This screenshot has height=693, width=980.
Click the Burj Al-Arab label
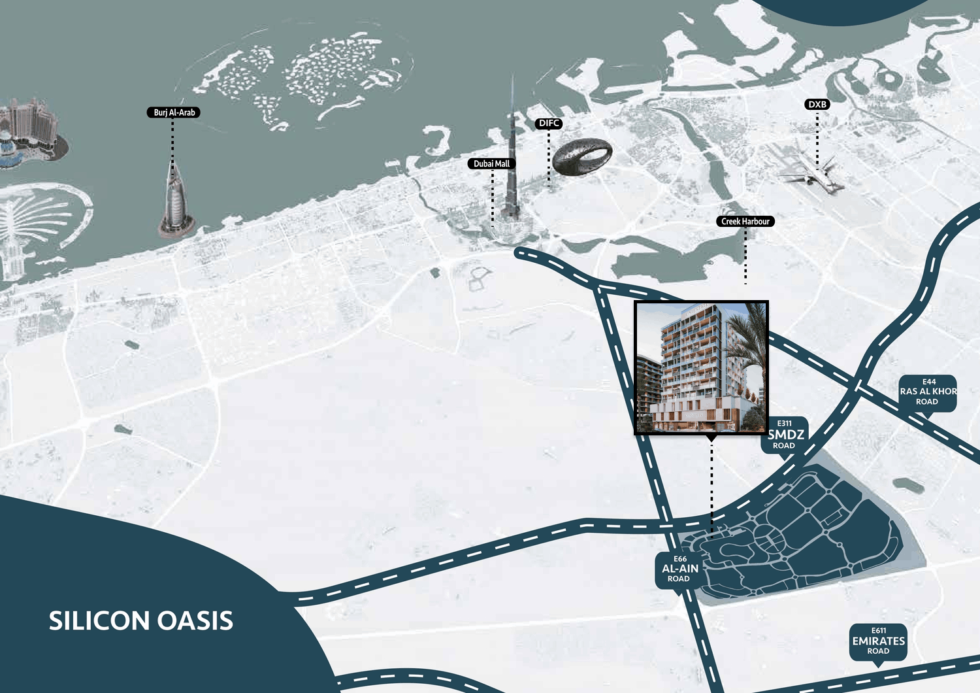pyautogui.click(x=174, y=112)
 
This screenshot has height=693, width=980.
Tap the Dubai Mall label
pyautogui.click(x=491, y=163)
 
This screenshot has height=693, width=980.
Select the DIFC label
pyautogui.click(x=549, y=123)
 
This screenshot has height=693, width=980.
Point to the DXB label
pyautogui.click(x=817, y=105)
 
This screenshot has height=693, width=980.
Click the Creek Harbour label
pyautogui.click(x=745, y=222)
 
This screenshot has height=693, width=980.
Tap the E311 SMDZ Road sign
pyautogui.click(x=785, y=435)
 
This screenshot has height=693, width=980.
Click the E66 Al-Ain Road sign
pyautogui.click(x=679, y=569)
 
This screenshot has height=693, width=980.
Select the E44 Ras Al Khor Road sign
pyautogui.click(x=928, y=392)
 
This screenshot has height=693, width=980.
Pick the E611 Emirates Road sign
pyautogui.click(x=878, y=641)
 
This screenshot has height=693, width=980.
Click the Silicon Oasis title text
pyautogui.click(x=140, y=620)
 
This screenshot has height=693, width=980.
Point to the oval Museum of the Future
pyautogui.click(x=581, y=157)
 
